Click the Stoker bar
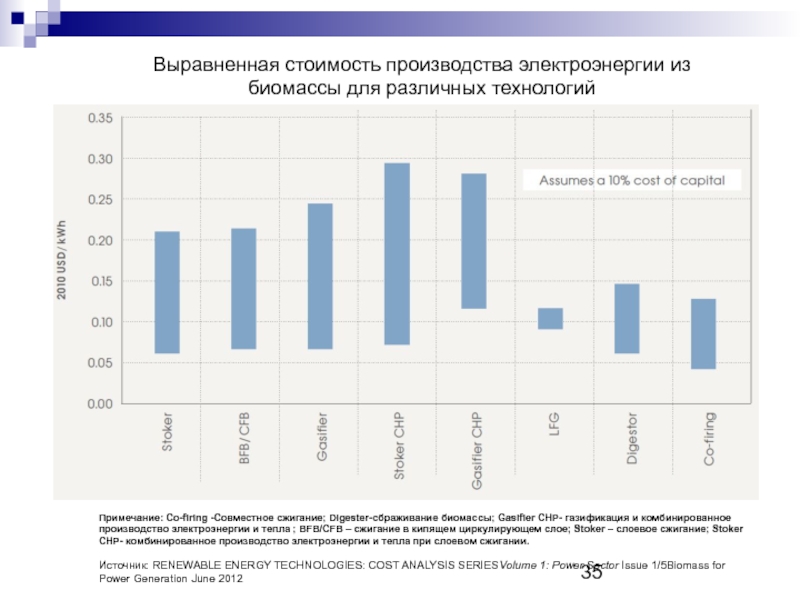(167, 292)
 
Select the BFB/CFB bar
(244, 288)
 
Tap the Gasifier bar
(320, 276)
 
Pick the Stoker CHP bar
(397, 253)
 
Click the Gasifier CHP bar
(474, 241)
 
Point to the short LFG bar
(550, 318)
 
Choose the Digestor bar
(627, 318)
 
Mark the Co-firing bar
(703, 333)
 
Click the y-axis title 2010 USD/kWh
(62, 261)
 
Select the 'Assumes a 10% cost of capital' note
(631, 180)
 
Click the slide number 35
(592, 572)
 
